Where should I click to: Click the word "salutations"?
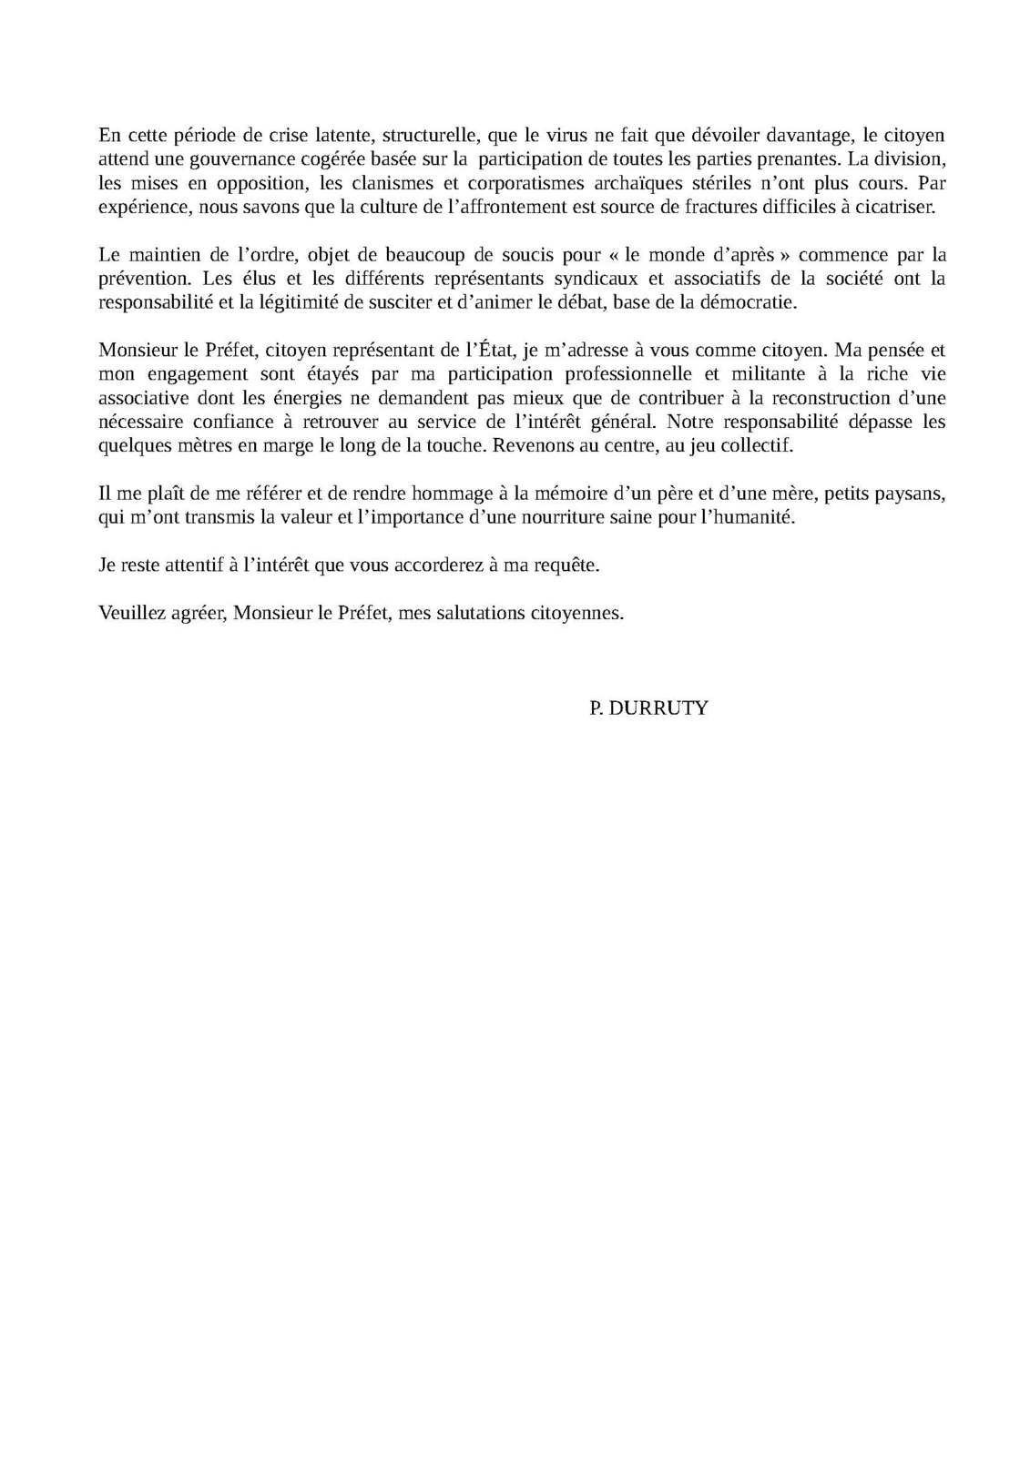pos(474,612)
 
